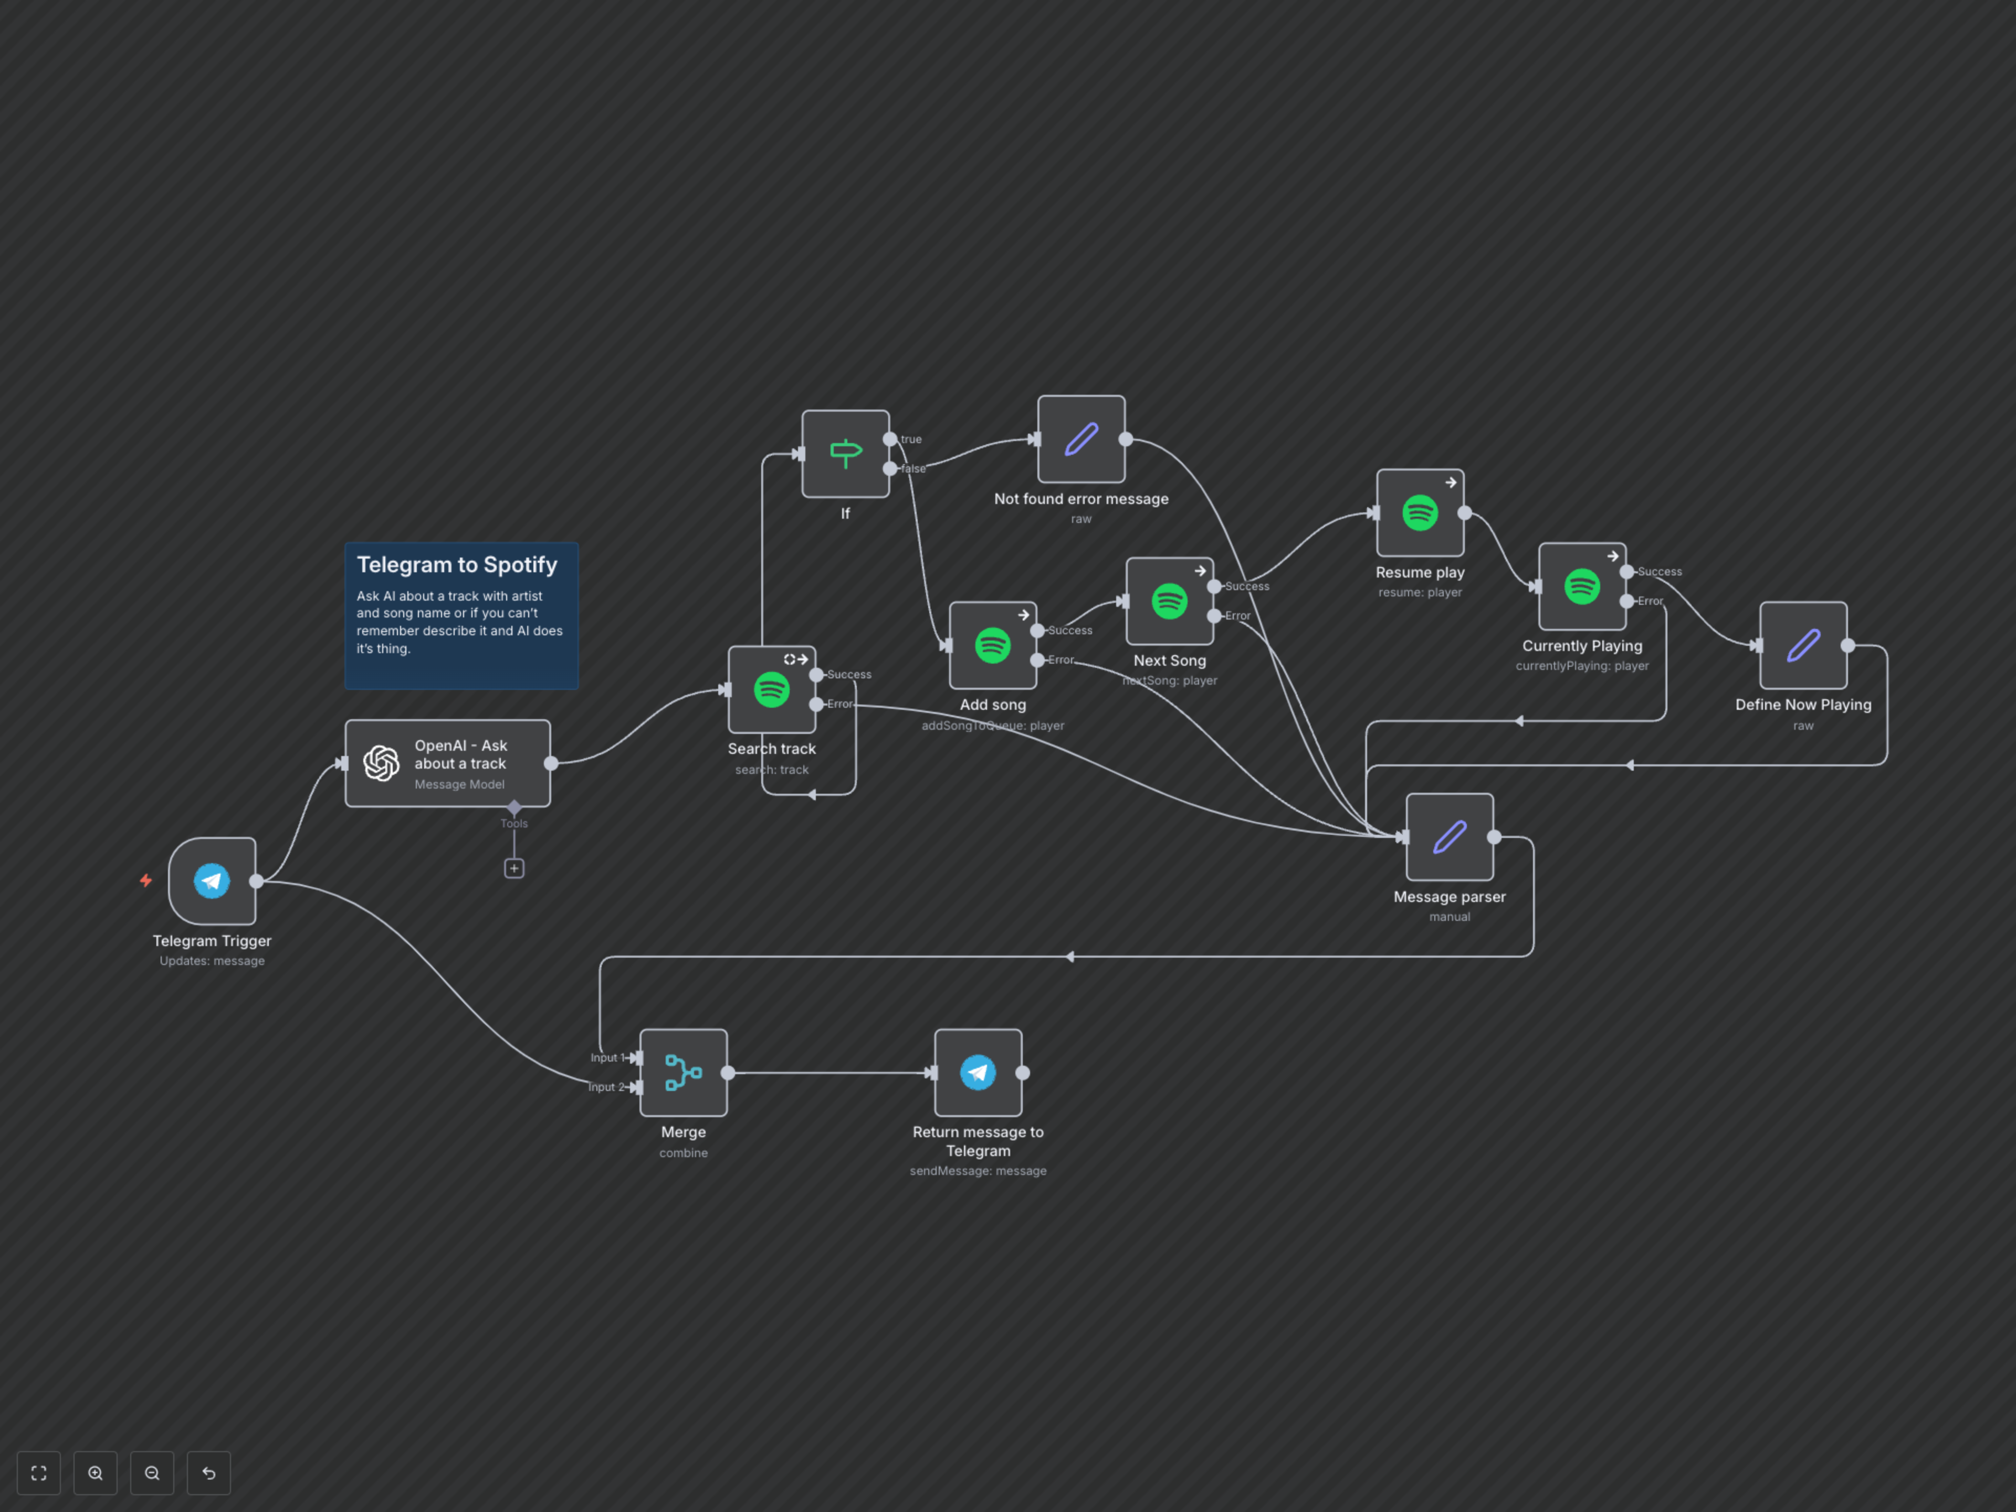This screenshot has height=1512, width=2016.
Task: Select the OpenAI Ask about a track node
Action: [447, 764]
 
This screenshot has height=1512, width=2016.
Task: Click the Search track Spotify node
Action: [771, 690]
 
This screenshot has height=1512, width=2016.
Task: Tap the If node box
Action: [845, 454]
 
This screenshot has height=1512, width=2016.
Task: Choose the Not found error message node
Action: [1081, 439]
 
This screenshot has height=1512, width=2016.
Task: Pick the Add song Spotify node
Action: [992, 645]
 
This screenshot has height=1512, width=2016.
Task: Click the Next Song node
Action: [1169, 602]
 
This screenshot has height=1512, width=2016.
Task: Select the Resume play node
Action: [1420, 513]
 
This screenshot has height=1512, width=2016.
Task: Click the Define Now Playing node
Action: [1803, 645]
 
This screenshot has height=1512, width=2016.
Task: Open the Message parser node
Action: [1449, 837]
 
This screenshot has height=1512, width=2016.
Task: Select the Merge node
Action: [684, 1073]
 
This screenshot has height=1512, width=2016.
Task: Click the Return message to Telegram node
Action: [978, 1073]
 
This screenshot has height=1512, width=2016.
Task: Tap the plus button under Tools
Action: [514, 868]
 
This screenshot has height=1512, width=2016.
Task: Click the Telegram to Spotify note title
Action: [457, 565]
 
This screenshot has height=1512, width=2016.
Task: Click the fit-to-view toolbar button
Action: [38, 1473]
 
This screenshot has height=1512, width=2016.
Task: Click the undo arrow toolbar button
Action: [209, 1473]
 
